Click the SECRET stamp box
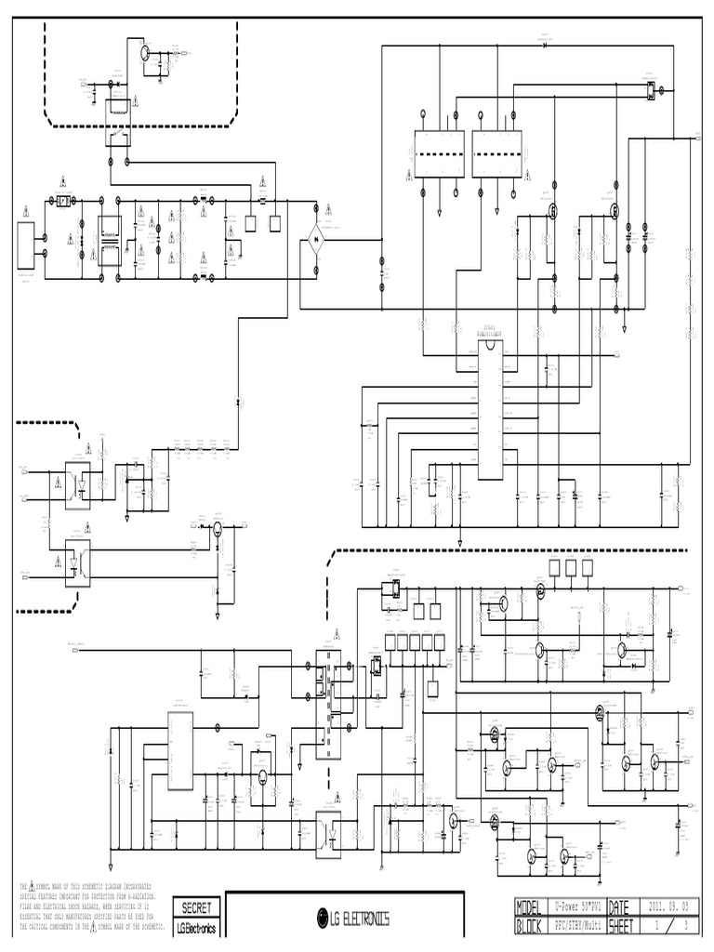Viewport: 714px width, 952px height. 196,907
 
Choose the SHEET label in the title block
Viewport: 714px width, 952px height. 621,926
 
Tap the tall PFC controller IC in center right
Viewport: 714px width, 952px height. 490,409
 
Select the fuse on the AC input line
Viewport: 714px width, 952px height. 63,201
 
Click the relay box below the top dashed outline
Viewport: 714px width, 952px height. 118,121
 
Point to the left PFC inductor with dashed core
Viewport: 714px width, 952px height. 439,153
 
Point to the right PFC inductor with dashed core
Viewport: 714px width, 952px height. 496,153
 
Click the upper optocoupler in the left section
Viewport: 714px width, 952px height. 76,484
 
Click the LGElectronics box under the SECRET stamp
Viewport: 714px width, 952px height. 196,928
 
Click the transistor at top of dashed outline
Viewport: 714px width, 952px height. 147,53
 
